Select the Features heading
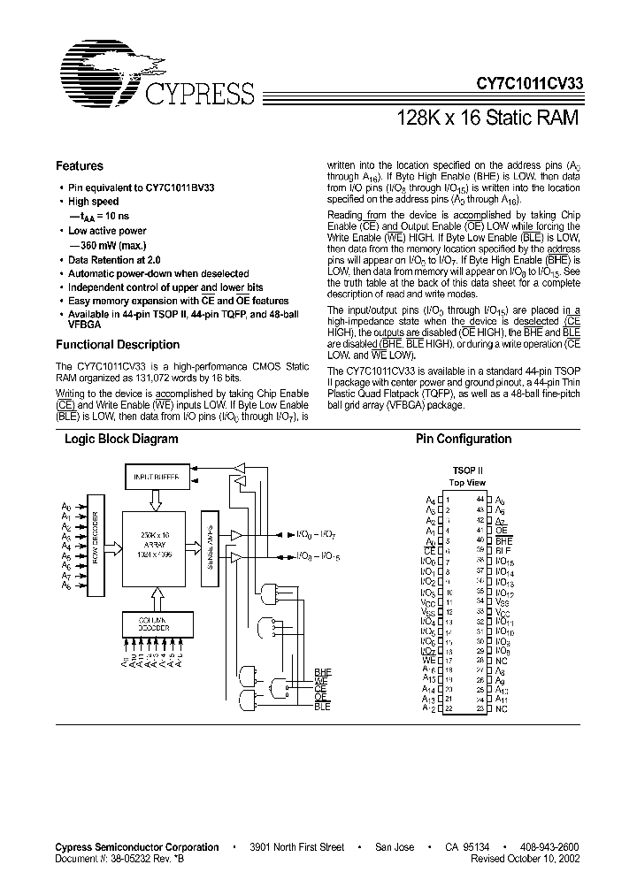coord(80,165)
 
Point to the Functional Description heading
coord(117,345)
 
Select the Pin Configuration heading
coord(464,439)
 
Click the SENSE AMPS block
coord(210,546)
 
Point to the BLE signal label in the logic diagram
coord(321,708)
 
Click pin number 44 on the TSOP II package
coord(480,500)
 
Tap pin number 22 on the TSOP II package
coord(449,709)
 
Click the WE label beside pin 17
coord(429,661)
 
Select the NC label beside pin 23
coord(502,709)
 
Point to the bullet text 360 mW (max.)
coord(112,245)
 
